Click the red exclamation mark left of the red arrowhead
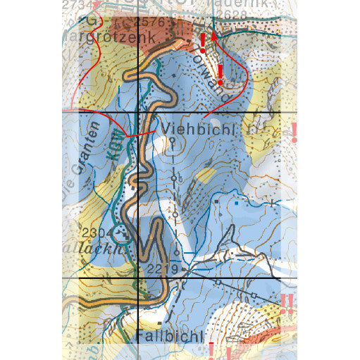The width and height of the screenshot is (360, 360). (203, 43)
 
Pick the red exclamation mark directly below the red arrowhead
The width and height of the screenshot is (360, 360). (220, 73)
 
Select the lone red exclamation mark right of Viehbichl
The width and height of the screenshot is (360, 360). (294, 132)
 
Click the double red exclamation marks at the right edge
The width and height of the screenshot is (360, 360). (287, 304)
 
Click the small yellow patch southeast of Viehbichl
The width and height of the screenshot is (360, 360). (206, 174)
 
